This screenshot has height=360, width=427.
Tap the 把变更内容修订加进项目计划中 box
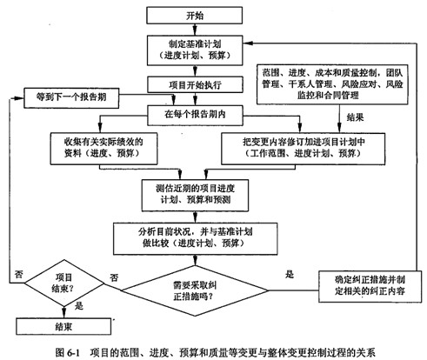pyautogui.click(x=291, y=146)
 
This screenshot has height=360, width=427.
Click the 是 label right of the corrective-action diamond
pyautogui.click(x=290, y=272)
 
